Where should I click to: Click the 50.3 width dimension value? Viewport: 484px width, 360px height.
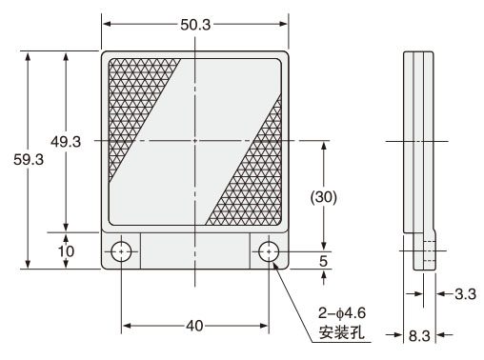[x=195, y=25]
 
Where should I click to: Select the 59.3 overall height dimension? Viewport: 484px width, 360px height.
[x=29, y=159]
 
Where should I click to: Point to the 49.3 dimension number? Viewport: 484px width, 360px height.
[x=66, y=142]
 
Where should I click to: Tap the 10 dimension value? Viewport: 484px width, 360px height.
[x=66, y=251]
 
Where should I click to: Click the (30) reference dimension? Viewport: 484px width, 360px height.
[x=324, y=197]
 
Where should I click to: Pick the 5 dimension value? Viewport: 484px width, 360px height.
[x=323, y=261]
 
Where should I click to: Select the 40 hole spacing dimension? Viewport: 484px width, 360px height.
[x=194, y=326]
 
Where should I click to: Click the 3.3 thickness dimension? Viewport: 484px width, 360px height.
[x=466, y=294]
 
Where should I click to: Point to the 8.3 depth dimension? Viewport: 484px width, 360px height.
[x=419, y=335]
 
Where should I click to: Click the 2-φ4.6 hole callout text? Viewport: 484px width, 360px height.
[x=342, y=313]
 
